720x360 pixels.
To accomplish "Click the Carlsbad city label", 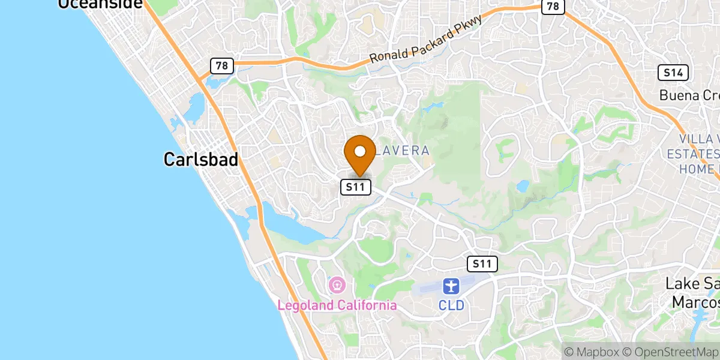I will click(x=200, y=159).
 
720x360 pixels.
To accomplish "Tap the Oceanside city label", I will click(x=100, y=4).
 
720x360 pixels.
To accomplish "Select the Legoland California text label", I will click(x=337, y=305).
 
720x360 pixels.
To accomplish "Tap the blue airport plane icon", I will click(x=451, y=286).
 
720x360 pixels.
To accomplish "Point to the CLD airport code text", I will click(x=451, y=305).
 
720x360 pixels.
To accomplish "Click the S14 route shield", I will click(x=673, y=73).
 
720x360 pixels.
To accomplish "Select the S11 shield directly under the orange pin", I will click(x=356, y=187).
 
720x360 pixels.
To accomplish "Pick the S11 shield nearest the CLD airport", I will click(x=482, y=263).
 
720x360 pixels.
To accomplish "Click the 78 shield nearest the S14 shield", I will click(x=553, y=7).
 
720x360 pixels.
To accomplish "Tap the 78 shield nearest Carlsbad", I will click(x=221, y=65).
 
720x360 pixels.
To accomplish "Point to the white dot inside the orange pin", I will click(x=360, y=152).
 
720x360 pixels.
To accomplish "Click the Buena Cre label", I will click(x=689, y=95).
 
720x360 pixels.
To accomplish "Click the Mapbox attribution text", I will click(x=590, y=352).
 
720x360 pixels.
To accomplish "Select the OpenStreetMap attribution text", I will click(x=669, y=352).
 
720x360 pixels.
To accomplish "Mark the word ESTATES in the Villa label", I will click(x=693, y=154).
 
